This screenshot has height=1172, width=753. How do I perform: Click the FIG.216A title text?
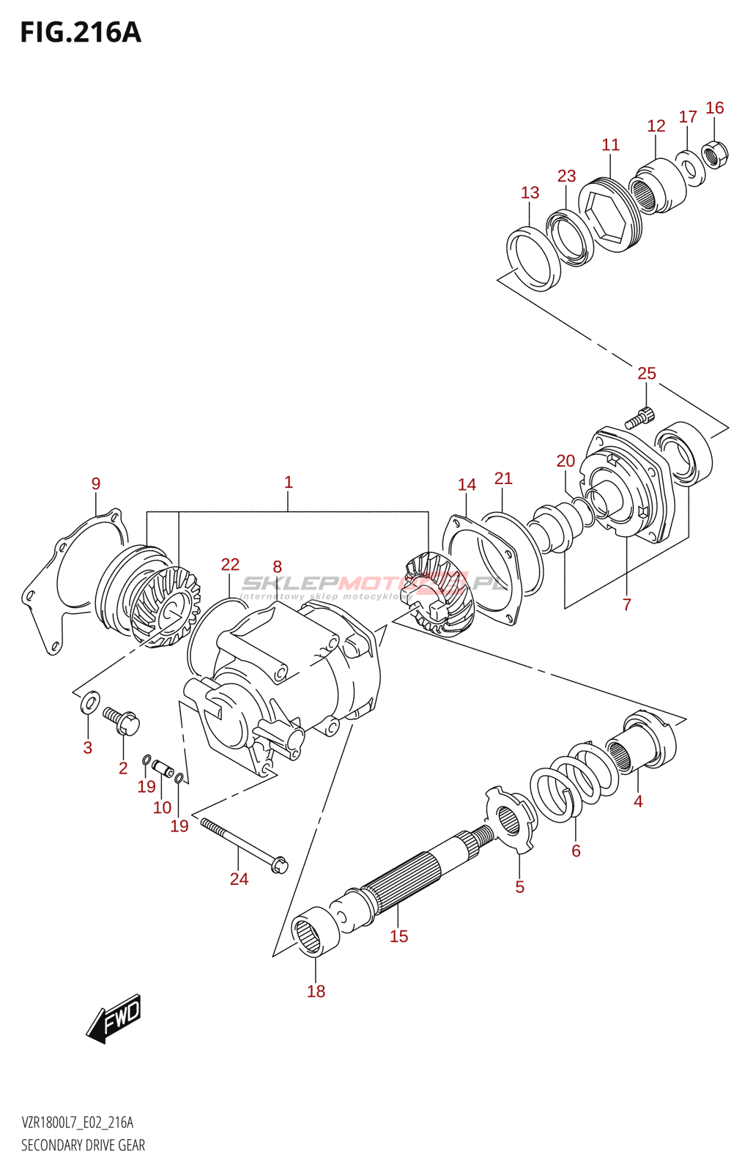click(x=81, y=33)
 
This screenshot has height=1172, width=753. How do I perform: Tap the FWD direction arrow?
click(x=114, y=1018)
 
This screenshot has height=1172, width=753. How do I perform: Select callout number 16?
click(x=714, y=108)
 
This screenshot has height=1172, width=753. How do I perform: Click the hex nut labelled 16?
click(x=714, y=154)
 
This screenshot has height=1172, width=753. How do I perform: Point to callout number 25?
click(x=646, y=374)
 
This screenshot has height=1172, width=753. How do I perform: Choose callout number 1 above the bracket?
click(x=289, y=482)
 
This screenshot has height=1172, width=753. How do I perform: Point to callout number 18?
click(x=316, y=991)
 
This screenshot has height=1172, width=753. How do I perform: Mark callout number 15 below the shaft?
click(x=398, y=936)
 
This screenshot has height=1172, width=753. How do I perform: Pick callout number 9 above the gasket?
click(x=96, y=483)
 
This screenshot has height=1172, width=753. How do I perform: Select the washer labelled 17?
click(x=689, y=168)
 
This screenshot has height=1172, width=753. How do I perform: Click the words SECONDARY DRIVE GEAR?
click(x=83, y=1146)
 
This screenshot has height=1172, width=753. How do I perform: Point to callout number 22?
click(x=230, y=564)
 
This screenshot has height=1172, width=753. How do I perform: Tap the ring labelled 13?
click(x=533, y=259)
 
